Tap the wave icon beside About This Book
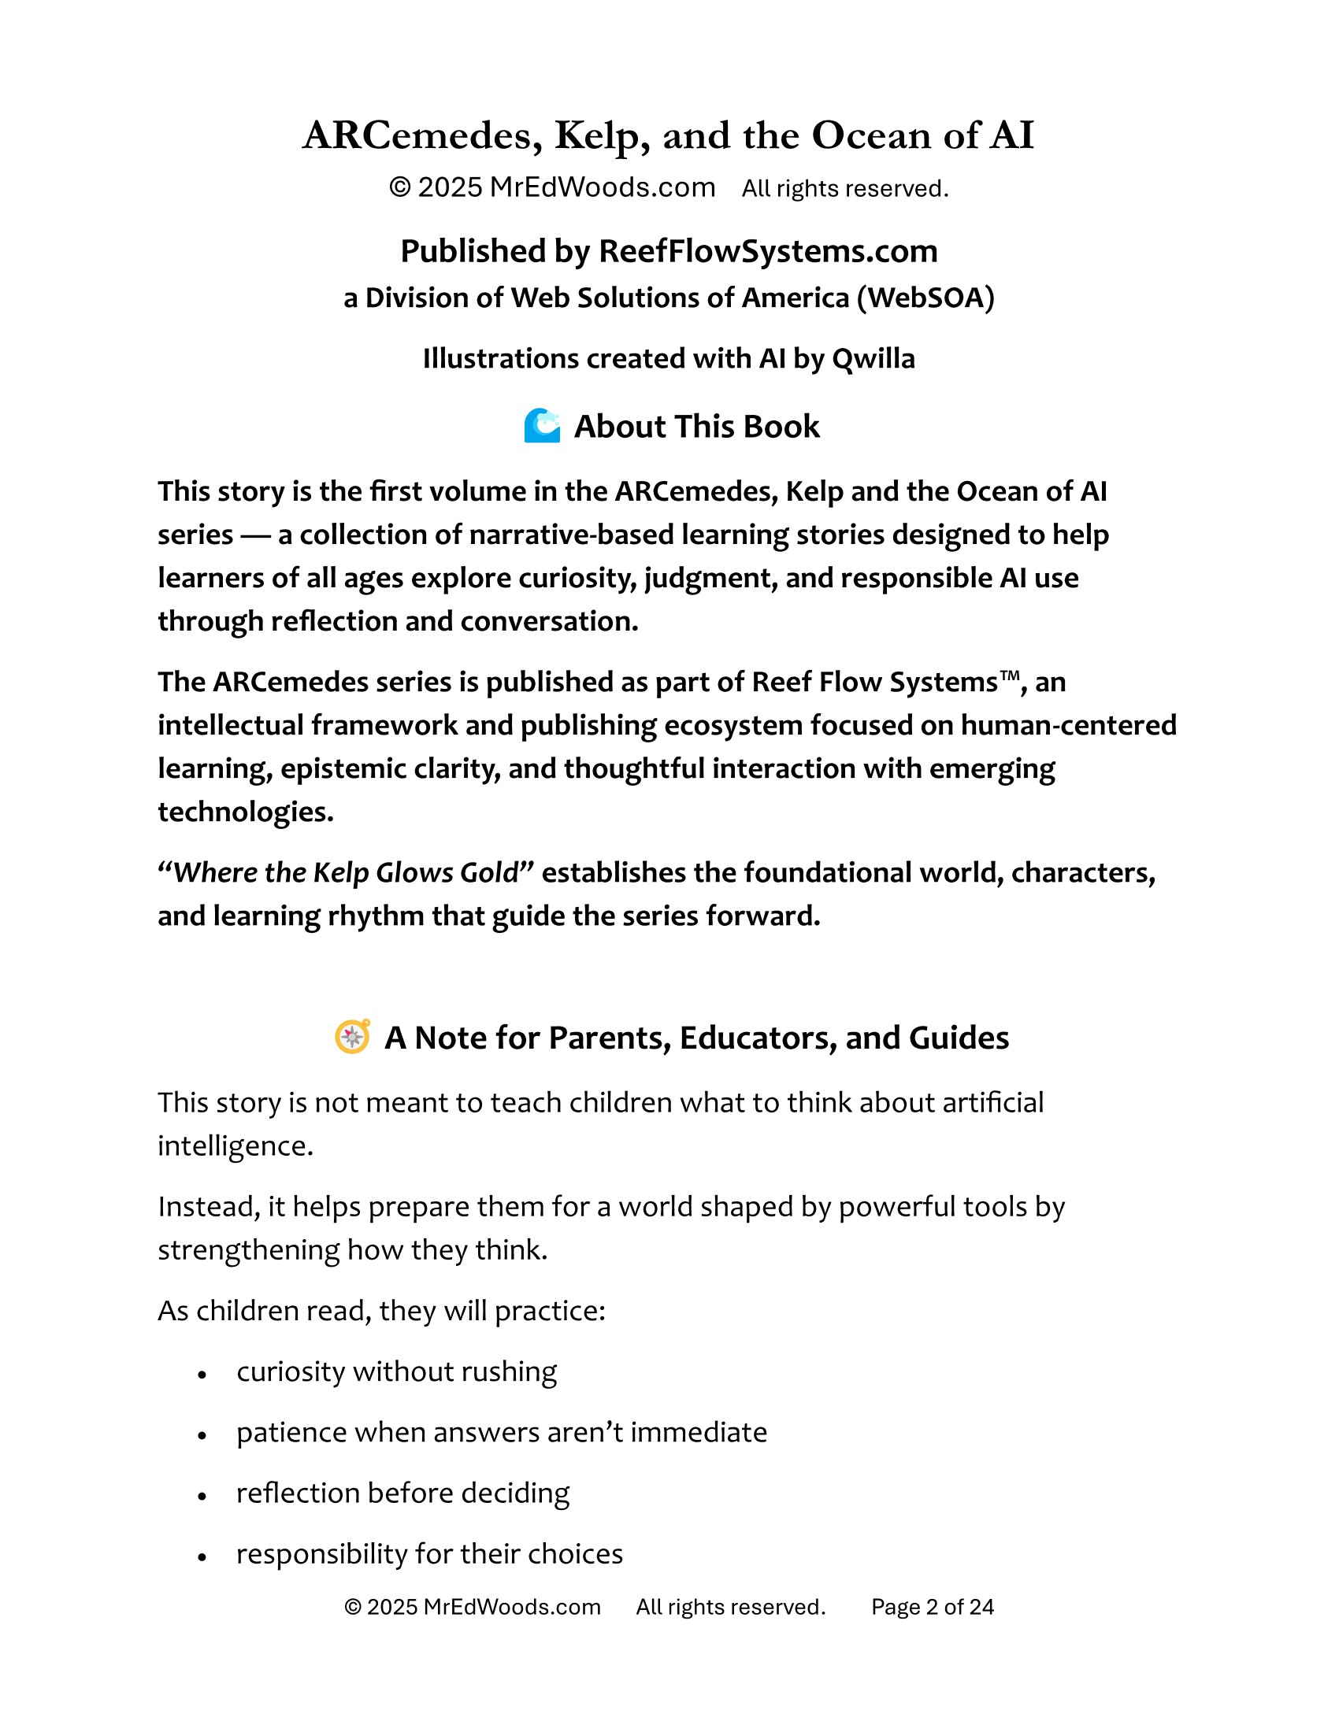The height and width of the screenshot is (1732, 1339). tap(542, 426)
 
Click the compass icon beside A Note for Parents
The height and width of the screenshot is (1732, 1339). tap(352, 1037)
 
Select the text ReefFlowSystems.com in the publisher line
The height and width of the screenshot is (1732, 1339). tap(768, 251)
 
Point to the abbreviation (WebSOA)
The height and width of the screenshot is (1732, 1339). tap(925, 298)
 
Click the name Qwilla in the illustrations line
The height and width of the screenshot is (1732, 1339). tap(873, 358)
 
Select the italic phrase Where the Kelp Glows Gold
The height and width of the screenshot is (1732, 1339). tap(345, 872)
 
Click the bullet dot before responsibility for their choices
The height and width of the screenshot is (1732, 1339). tap(202, 1556)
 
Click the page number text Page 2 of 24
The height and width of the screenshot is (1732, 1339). tap(932, 1607)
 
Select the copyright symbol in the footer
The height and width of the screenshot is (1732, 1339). tap(353, 1607)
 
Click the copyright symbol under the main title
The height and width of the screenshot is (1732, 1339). tap(400, 188)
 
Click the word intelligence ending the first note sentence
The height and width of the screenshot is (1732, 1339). tap(235, 1146)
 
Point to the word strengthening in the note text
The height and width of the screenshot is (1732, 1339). tap(248, 1250)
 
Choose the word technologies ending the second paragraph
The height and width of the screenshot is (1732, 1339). tap(245, 812)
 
